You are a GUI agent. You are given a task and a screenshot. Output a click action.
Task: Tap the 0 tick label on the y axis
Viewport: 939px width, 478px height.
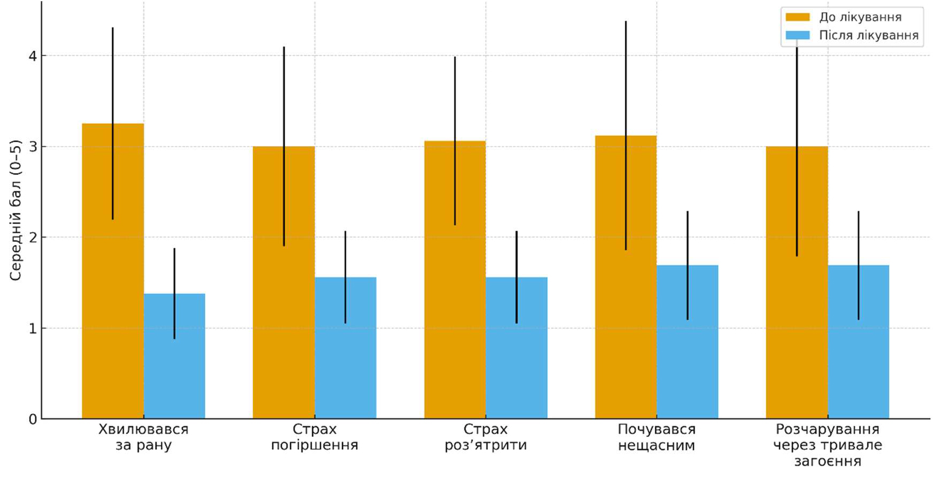(x=33, y=419)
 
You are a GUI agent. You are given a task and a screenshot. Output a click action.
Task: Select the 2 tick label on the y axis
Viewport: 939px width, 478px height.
(x=33, y=237)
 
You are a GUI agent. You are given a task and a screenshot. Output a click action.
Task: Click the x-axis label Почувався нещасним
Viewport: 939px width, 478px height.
(x=656, y=437)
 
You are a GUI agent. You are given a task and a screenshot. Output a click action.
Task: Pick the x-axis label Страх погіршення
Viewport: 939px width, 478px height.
(x=314, y=437)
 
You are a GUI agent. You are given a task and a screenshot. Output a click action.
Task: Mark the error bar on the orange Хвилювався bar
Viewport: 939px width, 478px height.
(x=113, y=123)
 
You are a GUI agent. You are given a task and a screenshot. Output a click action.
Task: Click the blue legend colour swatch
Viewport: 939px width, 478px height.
(x=797, y=36)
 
